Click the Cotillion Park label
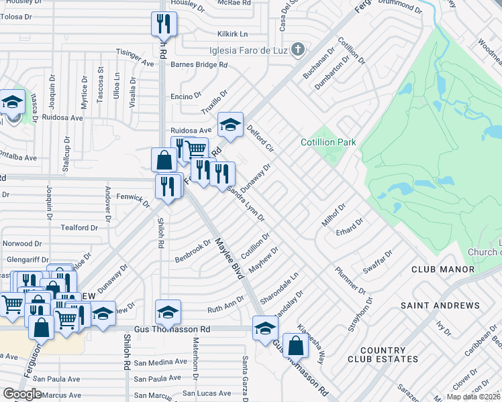(328, 142)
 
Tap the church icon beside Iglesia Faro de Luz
(299, 49)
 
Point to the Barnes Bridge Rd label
(199, 65)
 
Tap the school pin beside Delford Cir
(230, 125)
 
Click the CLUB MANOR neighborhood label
(443, 269)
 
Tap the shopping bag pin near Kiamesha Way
(295, 346)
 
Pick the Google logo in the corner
(22, 393)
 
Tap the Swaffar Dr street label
(377, 260)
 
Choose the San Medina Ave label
(158, 362)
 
